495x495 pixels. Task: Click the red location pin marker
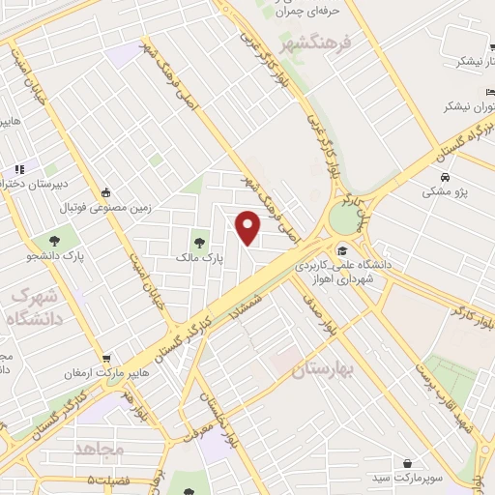pos(248,227)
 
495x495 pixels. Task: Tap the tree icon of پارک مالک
pos(200,242)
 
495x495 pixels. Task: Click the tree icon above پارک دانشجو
pos(44,240)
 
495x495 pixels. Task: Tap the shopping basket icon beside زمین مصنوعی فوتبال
pos(105,191)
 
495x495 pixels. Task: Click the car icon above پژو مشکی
pos(444,178)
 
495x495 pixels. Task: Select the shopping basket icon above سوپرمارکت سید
pos(410,464)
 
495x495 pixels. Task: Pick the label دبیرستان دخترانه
pos(34,182)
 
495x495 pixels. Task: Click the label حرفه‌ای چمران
pos(284,12)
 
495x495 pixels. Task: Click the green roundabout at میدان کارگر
pos(342,216)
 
